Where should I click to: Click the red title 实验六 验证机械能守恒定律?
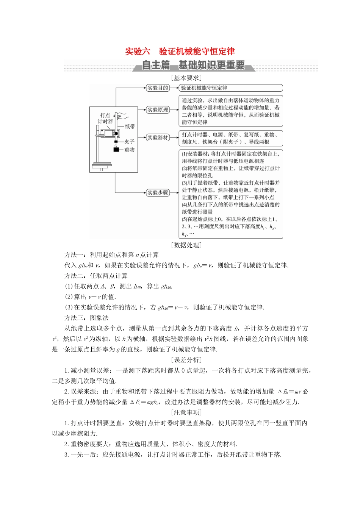click(180, 52)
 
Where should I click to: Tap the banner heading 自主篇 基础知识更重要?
click(193, 65)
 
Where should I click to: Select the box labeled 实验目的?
click(158, 88)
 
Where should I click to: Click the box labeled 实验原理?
click(158, 110)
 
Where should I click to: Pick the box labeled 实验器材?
click(158, 138)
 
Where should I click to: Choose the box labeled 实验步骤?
click(158, 193)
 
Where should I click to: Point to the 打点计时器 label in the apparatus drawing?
click(105, 118)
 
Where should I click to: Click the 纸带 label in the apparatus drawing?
click(130, 126)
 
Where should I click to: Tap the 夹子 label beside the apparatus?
click(130, 142)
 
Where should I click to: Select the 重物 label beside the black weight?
click(130, 150)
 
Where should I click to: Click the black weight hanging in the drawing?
click(116, 150)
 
